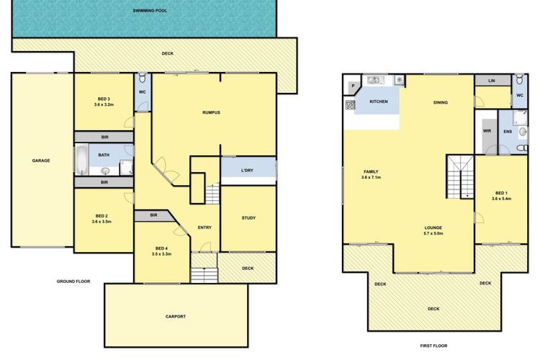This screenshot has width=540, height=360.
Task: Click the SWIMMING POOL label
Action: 150,11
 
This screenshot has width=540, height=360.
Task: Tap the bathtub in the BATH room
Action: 81,160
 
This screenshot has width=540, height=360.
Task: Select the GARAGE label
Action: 41,161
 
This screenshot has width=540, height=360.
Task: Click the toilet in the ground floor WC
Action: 143,79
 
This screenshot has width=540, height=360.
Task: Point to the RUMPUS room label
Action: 211,112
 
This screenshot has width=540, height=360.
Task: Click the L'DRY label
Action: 247,171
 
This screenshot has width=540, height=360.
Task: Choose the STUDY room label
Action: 248,218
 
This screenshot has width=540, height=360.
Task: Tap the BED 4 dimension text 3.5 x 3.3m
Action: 161,254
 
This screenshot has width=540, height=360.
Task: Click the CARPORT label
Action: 176,317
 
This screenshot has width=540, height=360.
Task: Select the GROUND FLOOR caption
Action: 73,282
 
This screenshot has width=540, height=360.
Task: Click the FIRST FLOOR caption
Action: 433,346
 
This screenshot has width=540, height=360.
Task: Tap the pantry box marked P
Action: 354,86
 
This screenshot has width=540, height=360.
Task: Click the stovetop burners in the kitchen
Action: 350,104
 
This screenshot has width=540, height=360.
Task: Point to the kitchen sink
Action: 375,80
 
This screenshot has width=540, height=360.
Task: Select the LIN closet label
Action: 492,81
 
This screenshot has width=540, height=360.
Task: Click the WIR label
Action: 487,131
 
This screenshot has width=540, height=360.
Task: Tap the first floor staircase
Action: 461,176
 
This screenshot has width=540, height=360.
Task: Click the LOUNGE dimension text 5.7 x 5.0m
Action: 433,233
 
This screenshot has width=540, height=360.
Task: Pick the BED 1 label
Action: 501,193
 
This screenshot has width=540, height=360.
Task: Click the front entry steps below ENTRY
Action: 204,275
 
